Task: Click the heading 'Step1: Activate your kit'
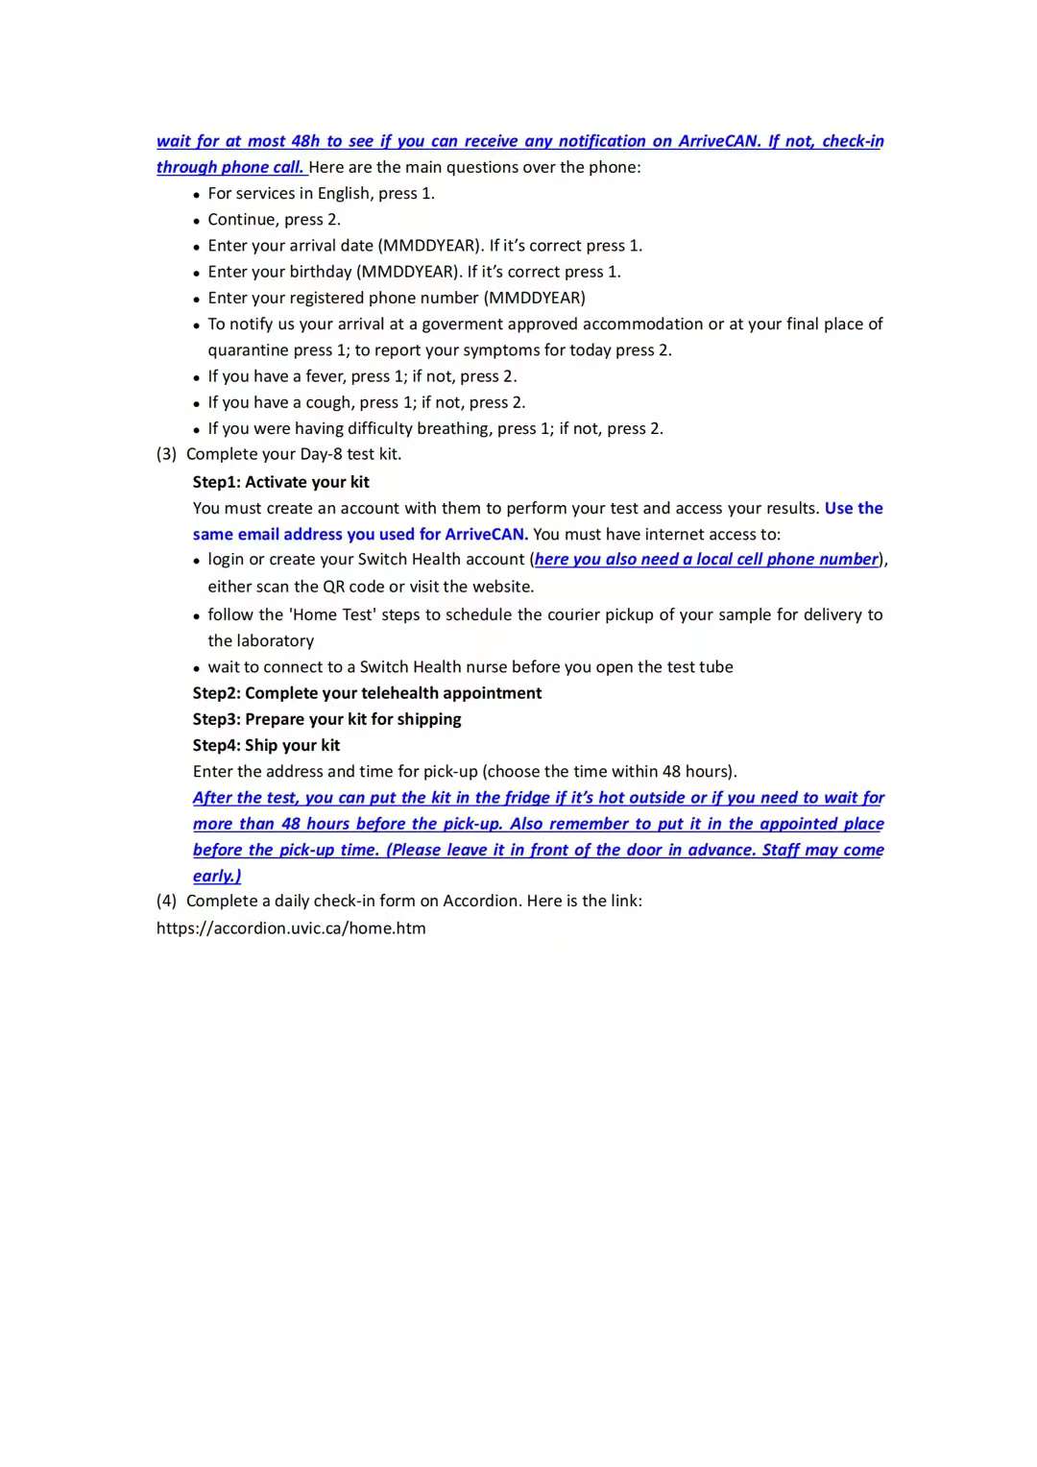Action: tap(280, 482)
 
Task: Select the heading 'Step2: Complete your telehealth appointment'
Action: tap(367, 693)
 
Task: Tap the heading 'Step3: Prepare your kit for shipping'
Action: tap(326, 719)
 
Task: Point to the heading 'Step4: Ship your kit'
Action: tap(266, 745)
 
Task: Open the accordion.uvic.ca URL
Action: tap(291, 928)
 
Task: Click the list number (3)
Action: tap(166, 454)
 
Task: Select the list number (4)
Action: tap(166, 901)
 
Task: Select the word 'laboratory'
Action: tap(260, 640)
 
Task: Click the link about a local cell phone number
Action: tap(707, 560)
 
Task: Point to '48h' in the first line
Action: tap(305, 141)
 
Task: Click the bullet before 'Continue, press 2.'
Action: tap(197, 221)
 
